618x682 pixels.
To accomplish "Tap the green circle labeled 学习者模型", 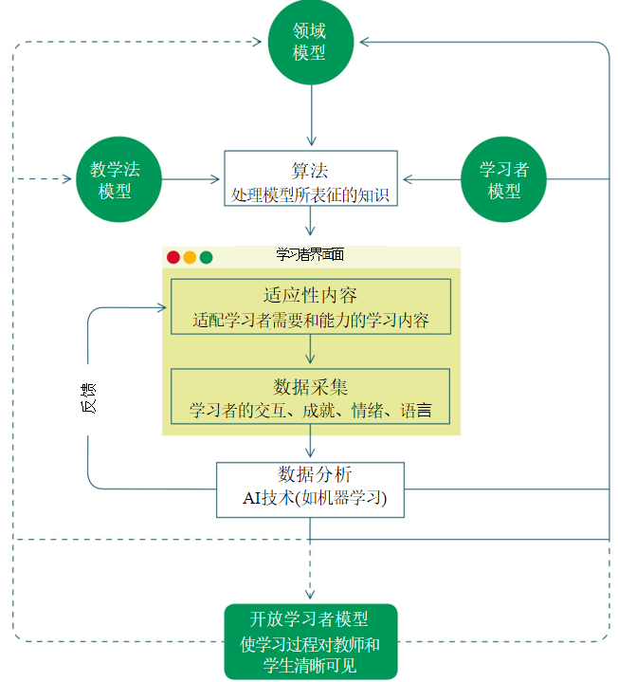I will (x=503, y=179).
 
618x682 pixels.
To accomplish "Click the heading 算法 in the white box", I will (x=310, y=171).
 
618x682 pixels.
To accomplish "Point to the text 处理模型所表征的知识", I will (x=310, y=194).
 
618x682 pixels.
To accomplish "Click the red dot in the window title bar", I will (x=173, y=257).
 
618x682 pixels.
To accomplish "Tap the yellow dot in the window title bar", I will (x=190, y=257).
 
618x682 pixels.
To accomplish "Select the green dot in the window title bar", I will (x=206, y=257).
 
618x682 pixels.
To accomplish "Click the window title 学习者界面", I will (x=309, y=255).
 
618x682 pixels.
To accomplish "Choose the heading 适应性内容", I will (x=310, y=295).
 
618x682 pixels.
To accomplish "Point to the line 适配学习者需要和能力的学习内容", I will (x=310, y=320).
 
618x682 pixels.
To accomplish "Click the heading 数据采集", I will (x=310, y=386).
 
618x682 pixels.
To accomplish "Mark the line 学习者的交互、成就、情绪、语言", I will (x=310, y=411).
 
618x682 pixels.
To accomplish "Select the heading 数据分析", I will (x=310, y=474).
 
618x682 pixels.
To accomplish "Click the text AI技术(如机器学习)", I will (x=310, y=498).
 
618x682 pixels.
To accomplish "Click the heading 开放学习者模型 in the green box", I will (x=309, y=619).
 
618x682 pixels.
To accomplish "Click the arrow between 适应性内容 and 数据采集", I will (x=310, y=351).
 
